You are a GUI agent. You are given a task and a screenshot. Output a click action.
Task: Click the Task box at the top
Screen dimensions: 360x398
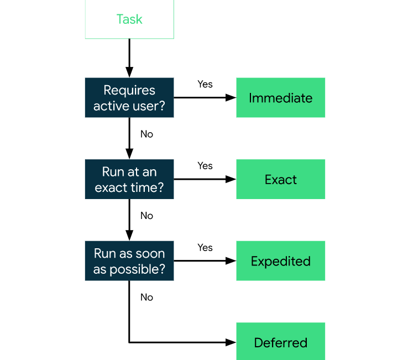coord(129,19)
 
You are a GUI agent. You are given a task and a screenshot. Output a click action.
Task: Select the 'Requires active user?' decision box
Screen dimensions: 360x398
coord(129,98)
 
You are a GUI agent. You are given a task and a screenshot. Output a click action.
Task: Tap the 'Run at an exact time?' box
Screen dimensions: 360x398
coord(129,180)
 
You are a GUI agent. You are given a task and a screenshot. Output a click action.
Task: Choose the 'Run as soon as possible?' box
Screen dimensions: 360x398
coord(129,261)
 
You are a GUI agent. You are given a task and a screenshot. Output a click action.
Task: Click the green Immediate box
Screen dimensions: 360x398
coord(280,98)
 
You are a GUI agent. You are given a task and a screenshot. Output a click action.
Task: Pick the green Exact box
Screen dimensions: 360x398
coord(280,180)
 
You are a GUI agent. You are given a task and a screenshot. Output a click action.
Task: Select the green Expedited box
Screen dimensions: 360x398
coord(280,261)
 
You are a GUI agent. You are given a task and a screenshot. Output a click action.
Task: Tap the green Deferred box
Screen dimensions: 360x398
coord(280,342)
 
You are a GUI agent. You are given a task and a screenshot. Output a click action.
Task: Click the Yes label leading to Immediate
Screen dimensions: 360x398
coord(205,84)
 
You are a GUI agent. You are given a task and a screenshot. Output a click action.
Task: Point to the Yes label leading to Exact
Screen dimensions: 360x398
coord(205,166)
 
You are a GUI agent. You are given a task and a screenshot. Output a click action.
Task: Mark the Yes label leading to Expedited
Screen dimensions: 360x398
coord(205,247)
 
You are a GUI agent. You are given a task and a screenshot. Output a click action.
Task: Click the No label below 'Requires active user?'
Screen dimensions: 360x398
coord(146,134)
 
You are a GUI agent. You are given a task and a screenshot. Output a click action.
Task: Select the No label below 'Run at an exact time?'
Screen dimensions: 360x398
coord(146,216)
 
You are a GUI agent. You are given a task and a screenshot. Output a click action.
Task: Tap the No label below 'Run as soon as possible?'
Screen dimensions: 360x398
coord(146,298)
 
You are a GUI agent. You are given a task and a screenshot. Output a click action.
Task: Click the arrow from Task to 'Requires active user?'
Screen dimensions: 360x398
coord(129,58)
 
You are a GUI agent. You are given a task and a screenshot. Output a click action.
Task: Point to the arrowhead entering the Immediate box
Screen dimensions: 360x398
coord(232,98)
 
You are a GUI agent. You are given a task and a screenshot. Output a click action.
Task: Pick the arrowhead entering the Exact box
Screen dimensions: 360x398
coord(232,180)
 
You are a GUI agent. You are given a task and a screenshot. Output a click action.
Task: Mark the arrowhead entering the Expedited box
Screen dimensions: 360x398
coord(232,261)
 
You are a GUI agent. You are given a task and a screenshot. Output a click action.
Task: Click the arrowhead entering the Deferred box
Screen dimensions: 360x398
coord(232,342)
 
